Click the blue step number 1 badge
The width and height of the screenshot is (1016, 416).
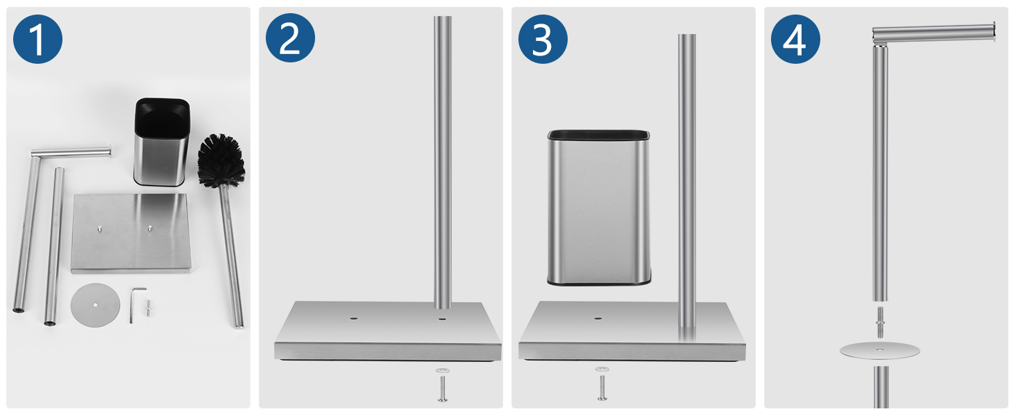[x=37, y=39]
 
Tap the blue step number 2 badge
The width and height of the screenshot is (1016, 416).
[x=290, y=39]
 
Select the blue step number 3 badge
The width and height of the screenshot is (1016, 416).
[x=543, y=39]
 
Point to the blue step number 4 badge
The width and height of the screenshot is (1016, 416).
[x=795, y=39]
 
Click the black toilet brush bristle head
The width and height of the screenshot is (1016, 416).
[x=221, y=160]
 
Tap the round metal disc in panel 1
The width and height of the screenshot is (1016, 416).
[x=95, y=304]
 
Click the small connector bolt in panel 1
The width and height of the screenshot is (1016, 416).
[x=149, y=308]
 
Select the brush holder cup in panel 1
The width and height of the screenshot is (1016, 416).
[x=162, y=142]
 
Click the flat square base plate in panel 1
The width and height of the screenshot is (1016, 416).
[x=131, y=234]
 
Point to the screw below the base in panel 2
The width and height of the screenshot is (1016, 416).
[x=443, y=385]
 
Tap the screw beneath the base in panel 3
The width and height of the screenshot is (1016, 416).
[x=602, y=384]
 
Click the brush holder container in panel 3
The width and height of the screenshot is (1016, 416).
[x=599, y=207]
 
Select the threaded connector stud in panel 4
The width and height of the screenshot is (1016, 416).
[x=880, y=322]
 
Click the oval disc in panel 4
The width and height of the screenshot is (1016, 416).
[x=879, y=351]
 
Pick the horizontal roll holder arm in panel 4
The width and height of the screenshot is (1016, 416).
[x=933, y=34]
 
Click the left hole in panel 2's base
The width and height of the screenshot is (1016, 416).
[x=353, y=319]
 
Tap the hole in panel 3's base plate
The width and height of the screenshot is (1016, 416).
[x=598, y=318]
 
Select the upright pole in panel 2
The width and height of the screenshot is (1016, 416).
[x=443, y=163]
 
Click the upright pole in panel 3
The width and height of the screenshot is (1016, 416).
[x=687, y=181]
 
